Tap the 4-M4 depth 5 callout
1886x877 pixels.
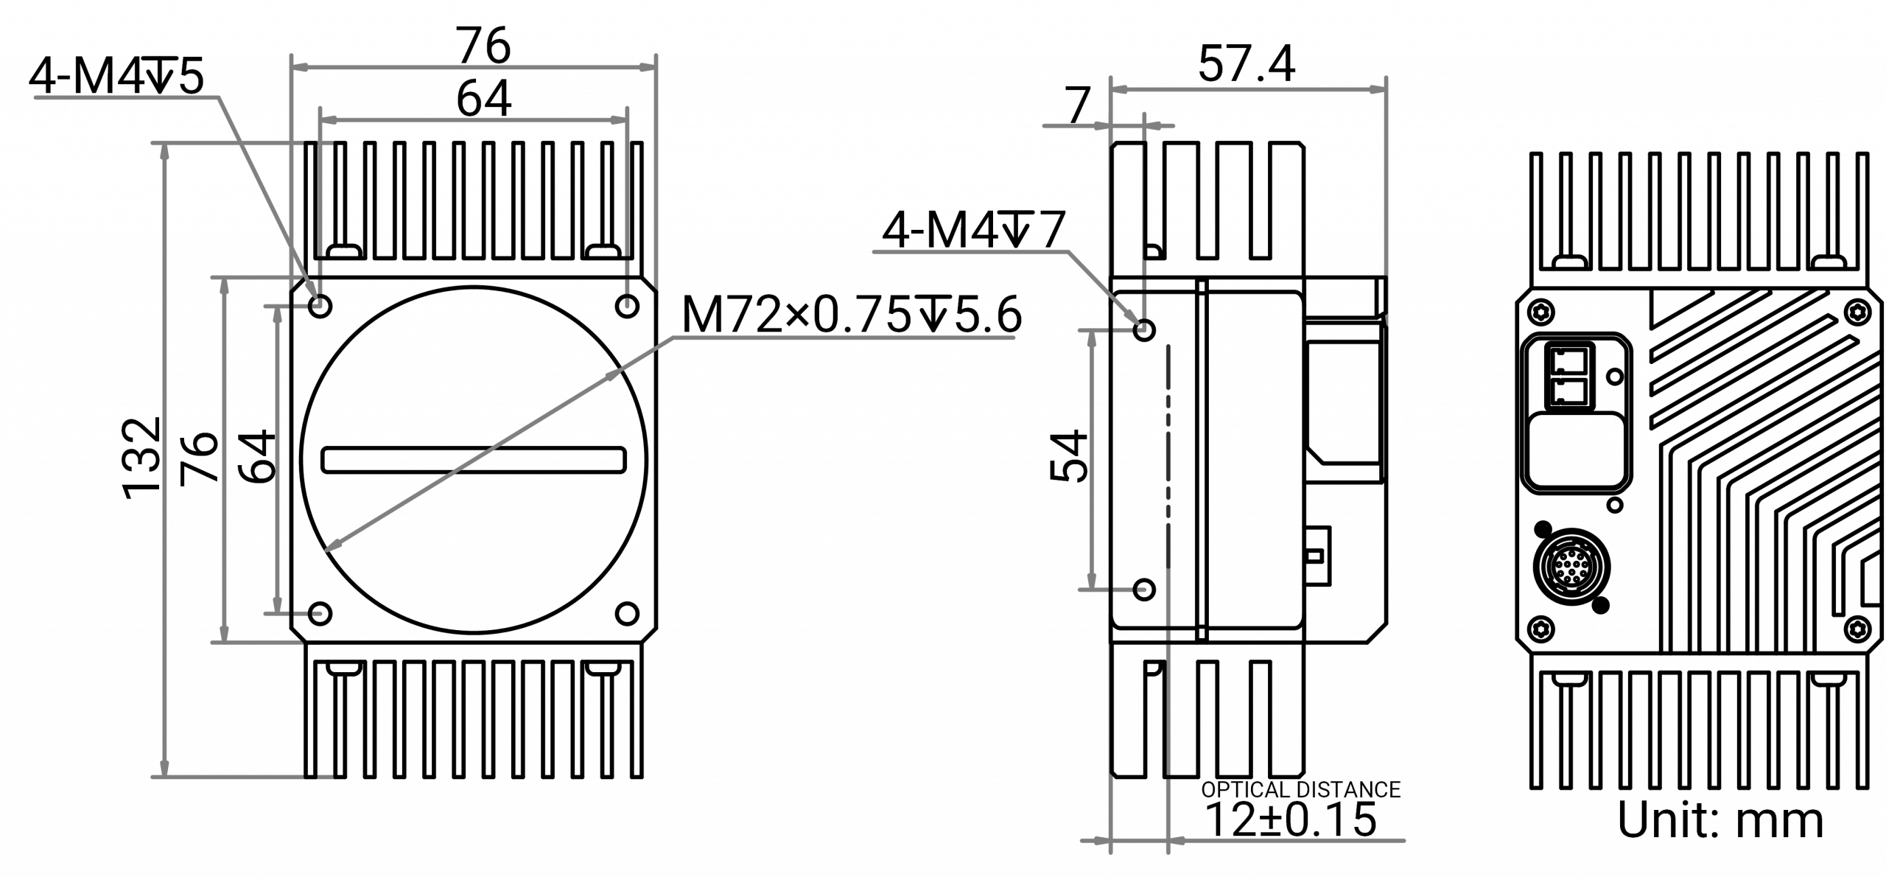[116, 79]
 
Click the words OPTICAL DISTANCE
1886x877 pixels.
[1300, 790]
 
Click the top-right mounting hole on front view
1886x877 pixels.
[628, 305]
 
